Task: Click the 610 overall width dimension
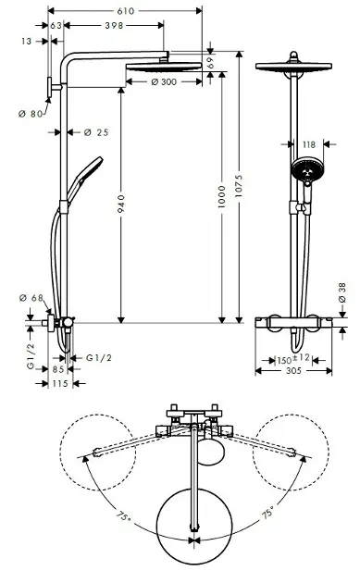tap(125, 11)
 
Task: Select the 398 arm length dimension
tap(114, 25)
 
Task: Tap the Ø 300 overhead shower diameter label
tap(164, 81)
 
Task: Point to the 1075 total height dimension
tap(239, 186)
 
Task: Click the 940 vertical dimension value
tap(121, 205)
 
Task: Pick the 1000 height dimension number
tap(222, 197)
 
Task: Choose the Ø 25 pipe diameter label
tap(96, 132)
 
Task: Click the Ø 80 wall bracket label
tap(31, 114)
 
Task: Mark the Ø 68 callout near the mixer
tap(31, 298)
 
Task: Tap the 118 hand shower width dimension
tap(309, 144)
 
